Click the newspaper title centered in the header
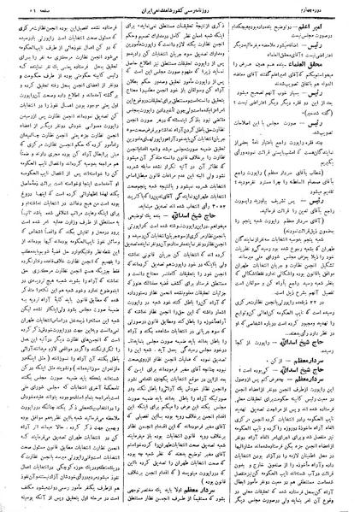pyautogui.click(x=179, y=11)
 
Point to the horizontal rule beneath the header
pyautogui.click(x=180, y=20)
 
